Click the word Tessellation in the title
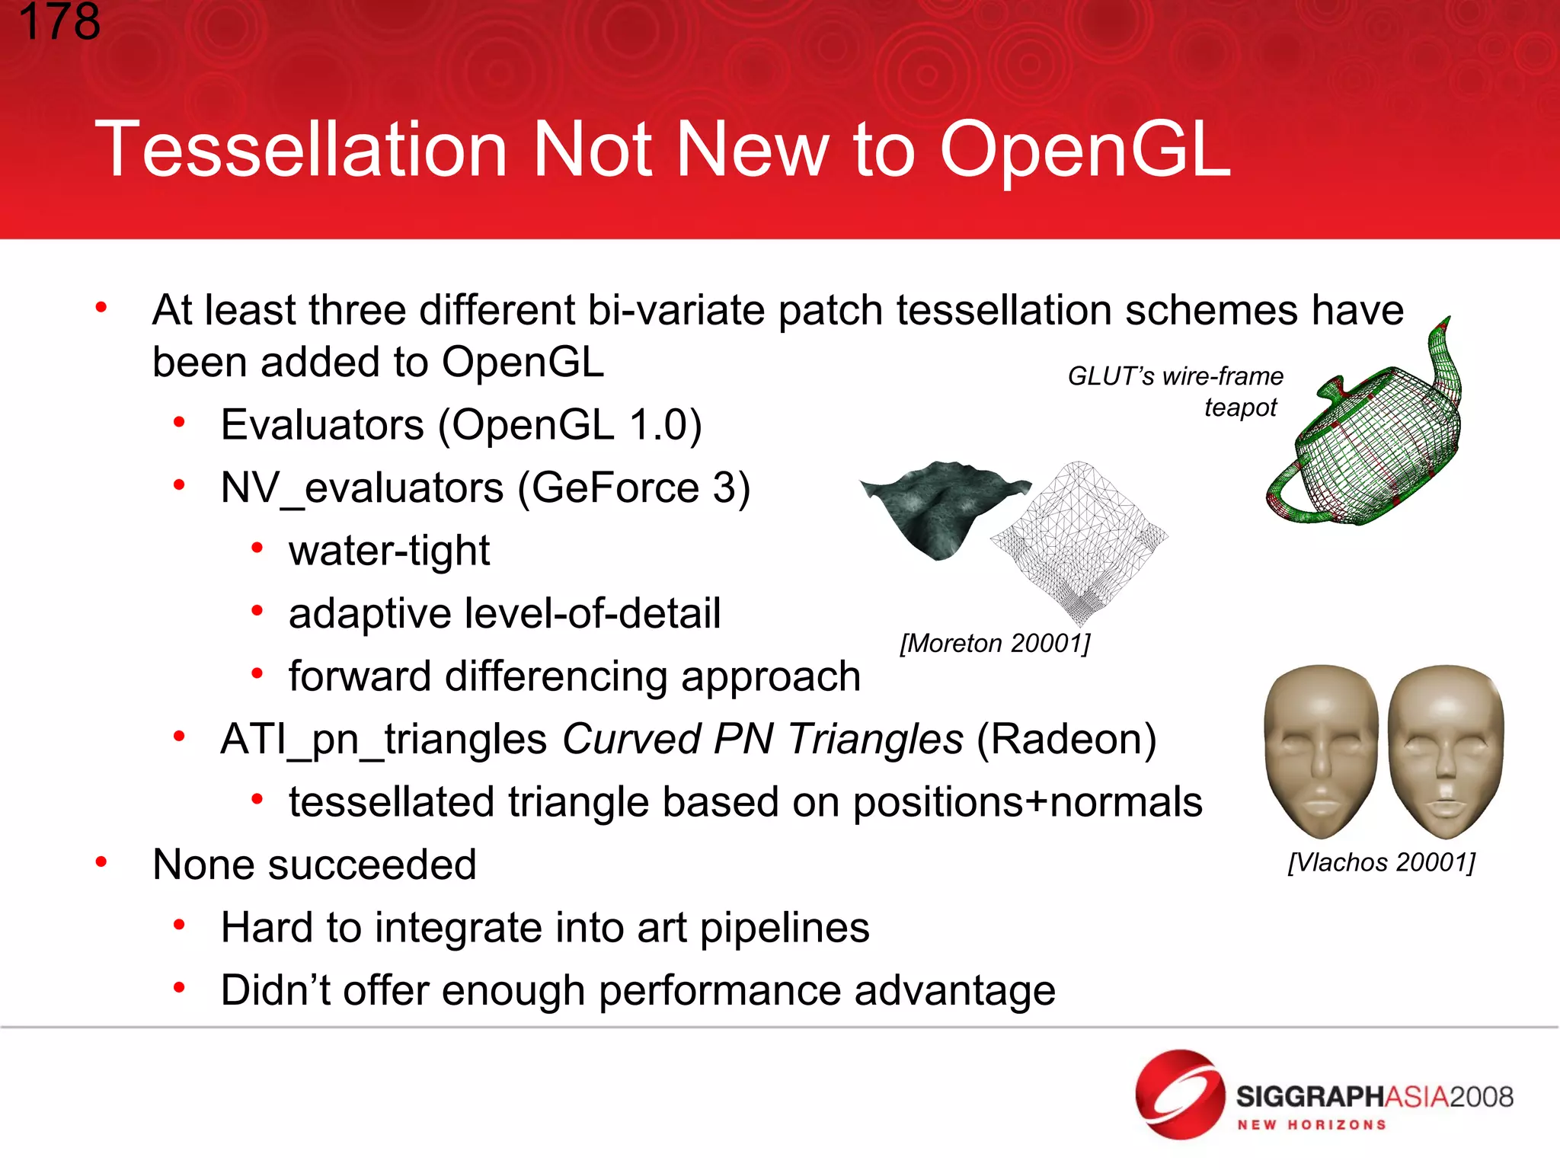click(301, 150)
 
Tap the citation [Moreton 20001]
click(995, 644)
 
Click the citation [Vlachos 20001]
click(1381, 862)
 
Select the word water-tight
click(389, 551)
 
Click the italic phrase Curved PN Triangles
click(762, 740)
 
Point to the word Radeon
click(1066, 740)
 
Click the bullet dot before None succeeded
click(101, 862)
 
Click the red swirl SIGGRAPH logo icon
click(1179, 1095)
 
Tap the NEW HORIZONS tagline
click(1311, 1125)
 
